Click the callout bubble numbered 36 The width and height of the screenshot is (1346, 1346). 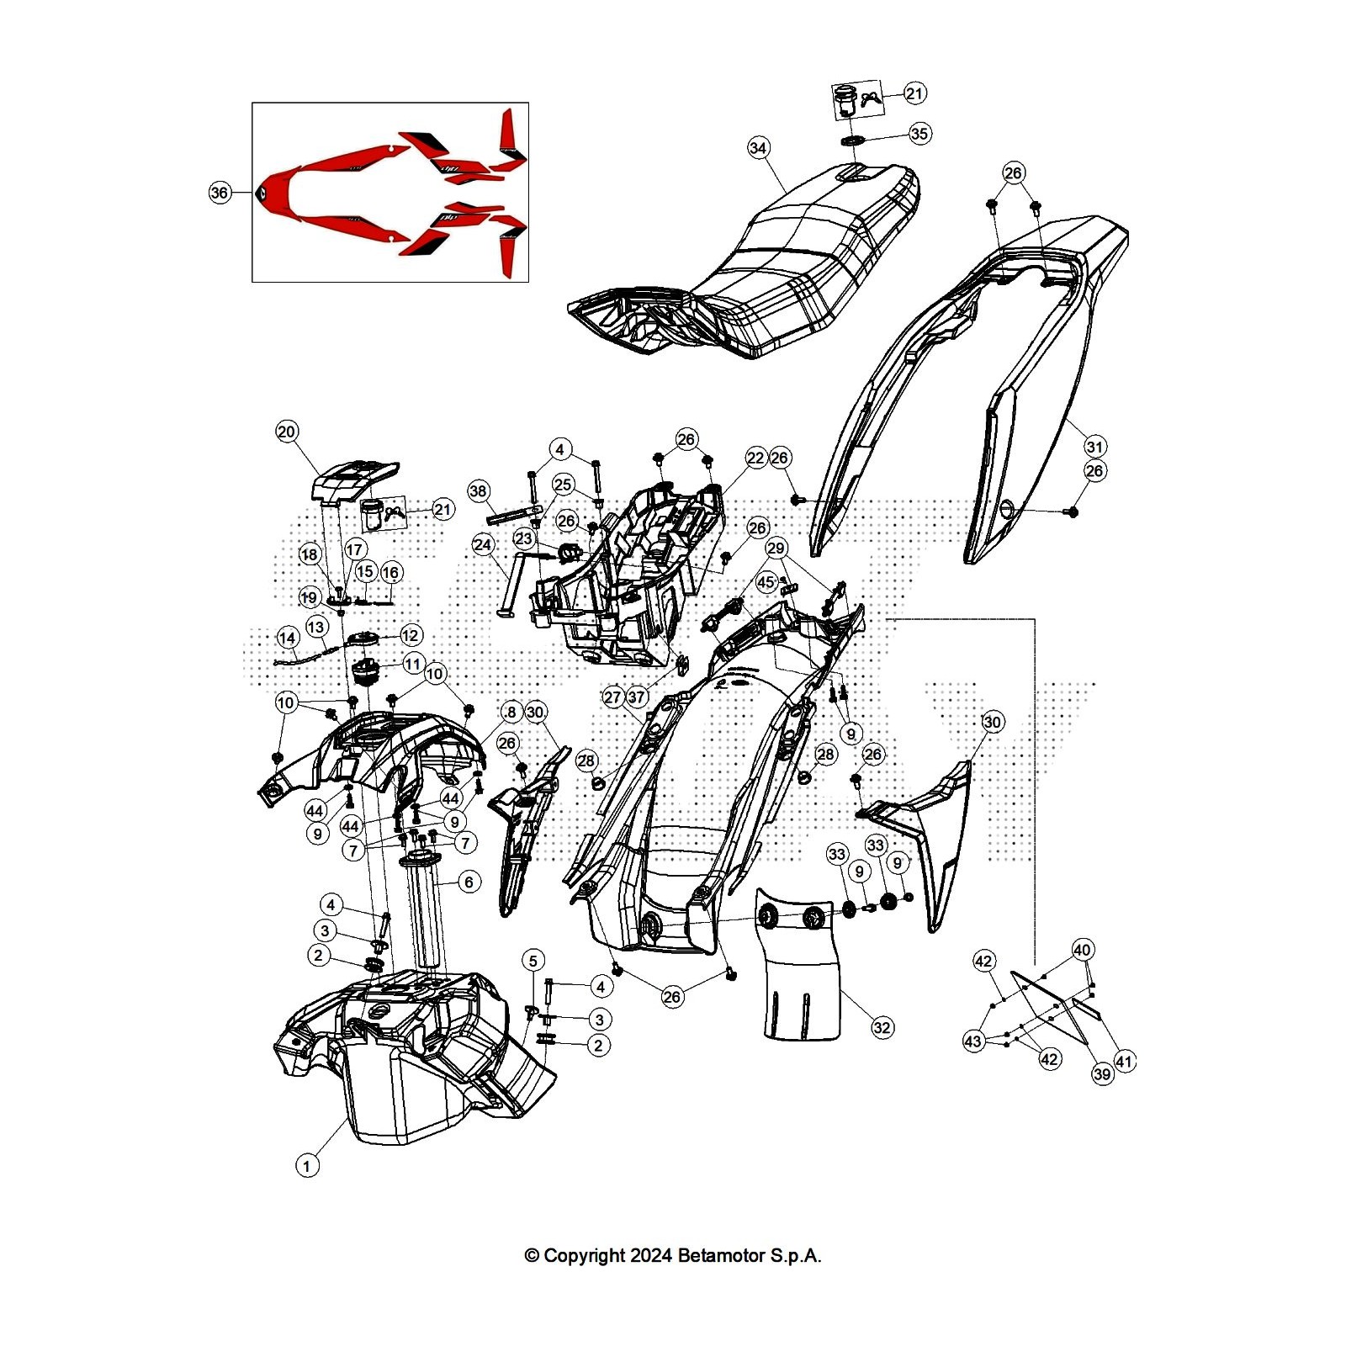pos(220,193)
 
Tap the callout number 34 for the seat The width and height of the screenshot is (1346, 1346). pos(759,148)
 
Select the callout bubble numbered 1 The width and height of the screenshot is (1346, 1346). pos(307,1166)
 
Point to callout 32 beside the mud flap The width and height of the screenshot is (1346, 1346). pos(882,1027)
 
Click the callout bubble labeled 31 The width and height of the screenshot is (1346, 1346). pos(1094,446)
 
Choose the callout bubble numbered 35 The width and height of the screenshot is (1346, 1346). pos(920,134)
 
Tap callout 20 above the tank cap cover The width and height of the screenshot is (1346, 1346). pos(287,432)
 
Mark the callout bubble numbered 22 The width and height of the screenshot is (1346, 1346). pos(755,458)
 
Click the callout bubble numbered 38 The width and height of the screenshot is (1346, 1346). pos(479,491)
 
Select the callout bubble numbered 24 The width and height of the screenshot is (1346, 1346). pos(483,545)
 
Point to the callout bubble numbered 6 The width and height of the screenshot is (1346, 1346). pos(469,882)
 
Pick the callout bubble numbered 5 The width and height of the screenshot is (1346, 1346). pos(533,960)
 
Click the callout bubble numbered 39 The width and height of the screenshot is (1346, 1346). pos(1102,1074)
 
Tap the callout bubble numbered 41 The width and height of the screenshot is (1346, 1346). pos(1125,1062)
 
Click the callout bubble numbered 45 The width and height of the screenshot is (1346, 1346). pos(766,581)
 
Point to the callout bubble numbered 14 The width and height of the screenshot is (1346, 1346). pos(288,637)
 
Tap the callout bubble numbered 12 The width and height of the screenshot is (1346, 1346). pos(411,635)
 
